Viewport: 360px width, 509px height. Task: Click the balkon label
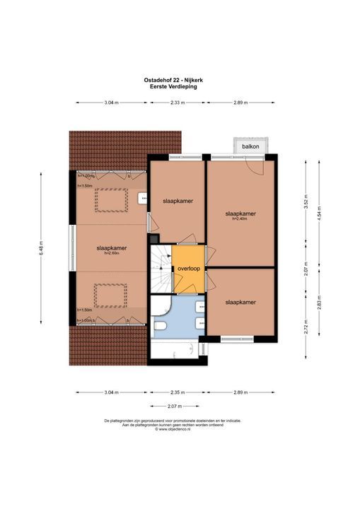(x=250, y=146)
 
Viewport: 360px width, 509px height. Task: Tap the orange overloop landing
(x=189, y=269)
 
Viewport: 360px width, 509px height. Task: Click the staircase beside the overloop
(x=161, y=269)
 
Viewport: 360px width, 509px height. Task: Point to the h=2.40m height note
(x=240, y=219)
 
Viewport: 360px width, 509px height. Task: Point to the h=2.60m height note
(x=112, y=255)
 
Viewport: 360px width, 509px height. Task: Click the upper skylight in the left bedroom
(x=112, y=201)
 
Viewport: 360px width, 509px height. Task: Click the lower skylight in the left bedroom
(x=112, y=296)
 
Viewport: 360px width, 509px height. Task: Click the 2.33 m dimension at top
(x=178, y=103)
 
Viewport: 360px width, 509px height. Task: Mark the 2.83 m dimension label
(x=319, y=301)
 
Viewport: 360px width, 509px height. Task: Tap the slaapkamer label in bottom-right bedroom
(x=240, y=302)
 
